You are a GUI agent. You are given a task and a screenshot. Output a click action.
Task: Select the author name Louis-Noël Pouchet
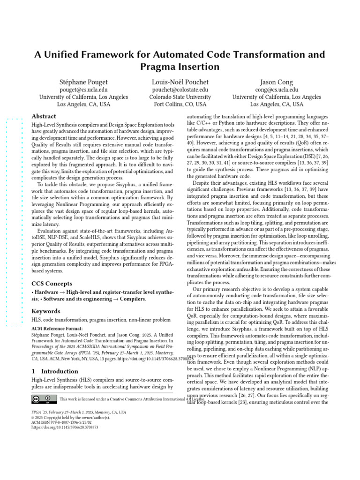180,82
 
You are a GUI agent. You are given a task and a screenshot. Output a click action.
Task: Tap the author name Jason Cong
277,82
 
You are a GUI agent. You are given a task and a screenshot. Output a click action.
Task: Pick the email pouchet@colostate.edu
180,90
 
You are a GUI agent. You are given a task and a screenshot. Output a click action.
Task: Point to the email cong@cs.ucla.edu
277,90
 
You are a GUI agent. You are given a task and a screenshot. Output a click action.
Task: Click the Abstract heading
44,116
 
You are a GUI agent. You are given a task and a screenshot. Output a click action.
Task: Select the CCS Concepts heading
52,284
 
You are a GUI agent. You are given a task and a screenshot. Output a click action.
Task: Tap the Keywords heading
45,311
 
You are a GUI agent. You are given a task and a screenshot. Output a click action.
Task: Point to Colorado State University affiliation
180,97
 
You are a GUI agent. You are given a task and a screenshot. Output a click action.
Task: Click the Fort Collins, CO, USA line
180,105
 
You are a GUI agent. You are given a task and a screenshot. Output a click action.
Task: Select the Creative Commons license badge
42,399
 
